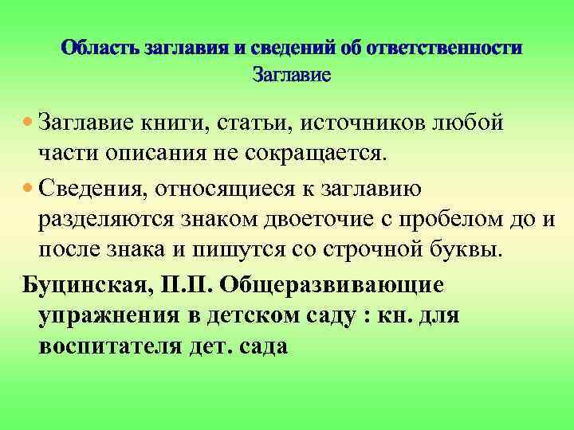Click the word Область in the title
click(102, 48)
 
